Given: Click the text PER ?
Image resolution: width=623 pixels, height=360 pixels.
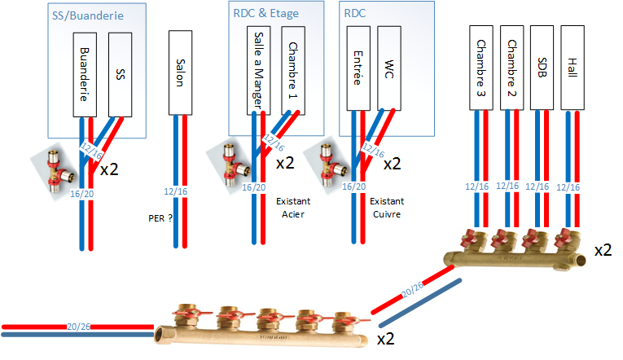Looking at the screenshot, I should (x=160, y=218).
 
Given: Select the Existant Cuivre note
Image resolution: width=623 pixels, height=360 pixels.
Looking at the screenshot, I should (x=386, y=208).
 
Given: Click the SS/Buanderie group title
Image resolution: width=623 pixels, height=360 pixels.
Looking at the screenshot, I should (x=85, y=16).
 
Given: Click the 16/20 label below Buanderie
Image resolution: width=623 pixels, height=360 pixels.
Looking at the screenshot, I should (x=83, y=195).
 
